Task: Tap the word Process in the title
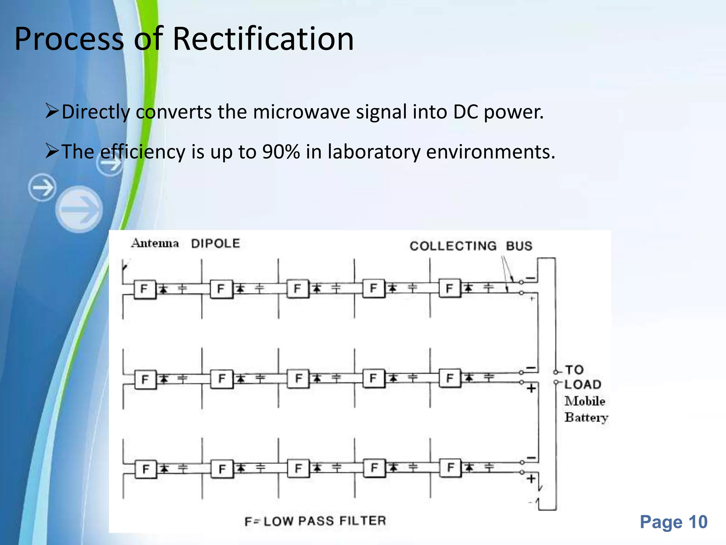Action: [69, 39]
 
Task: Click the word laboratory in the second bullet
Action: [374, 152]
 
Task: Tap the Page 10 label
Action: [674, 522]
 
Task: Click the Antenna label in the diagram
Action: [155, 243]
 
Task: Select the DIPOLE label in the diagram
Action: [216, 243]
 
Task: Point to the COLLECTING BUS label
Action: [471, 246]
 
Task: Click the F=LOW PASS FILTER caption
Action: [315, 521]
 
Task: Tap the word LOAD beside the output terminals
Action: [583, 384]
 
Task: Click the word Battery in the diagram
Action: [586, 417]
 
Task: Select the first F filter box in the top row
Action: [145, 289]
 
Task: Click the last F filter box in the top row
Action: [449, 288]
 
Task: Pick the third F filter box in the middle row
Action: [298, 378]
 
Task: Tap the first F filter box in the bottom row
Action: [146, 469]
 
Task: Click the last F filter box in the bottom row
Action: [450, 467]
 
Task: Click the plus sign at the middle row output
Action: [531, 389]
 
